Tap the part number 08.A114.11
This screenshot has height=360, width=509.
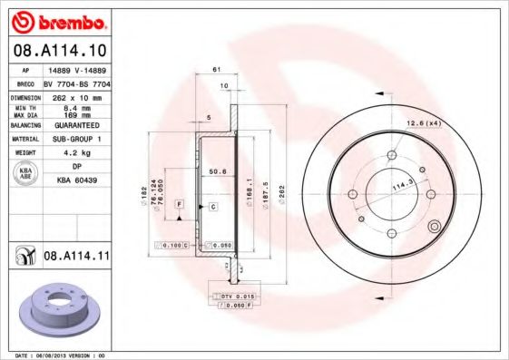pos(76,257)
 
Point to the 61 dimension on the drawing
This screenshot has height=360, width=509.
pos(217,69)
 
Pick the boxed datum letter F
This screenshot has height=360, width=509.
pos(180,207)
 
